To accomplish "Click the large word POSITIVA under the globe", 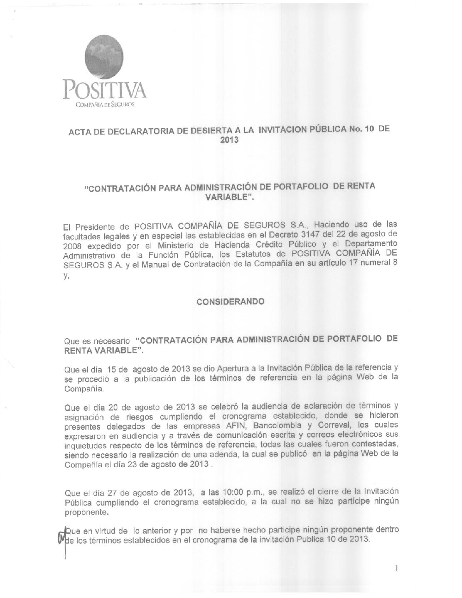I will click(105, 89).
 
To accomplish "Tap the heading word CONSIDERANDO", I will click(231, 302).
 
